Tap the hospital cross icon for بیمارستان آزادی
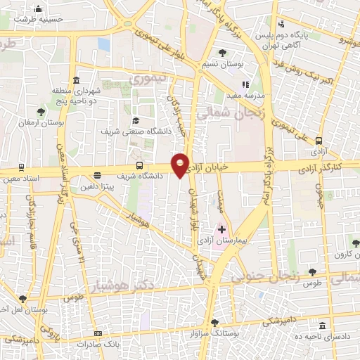click(221, 229)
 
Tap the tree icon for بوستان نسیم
click(222, 53)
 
